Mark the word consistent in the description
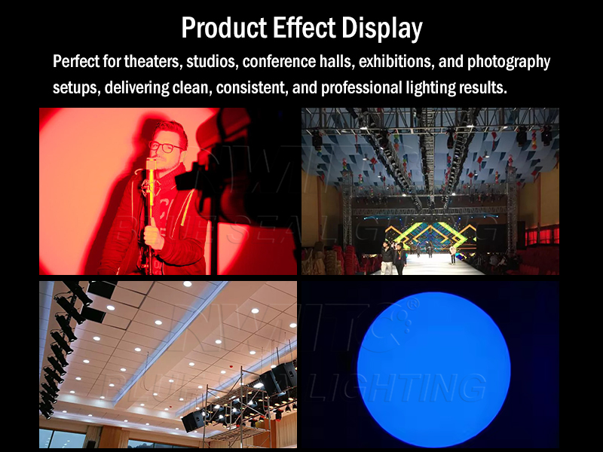click(x=249, y=87)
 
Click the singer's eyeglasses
click(x=166, y=146)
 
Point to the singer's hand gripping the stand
click(x=153, y=235)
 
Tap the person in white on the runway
click(x=452, y=253)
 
